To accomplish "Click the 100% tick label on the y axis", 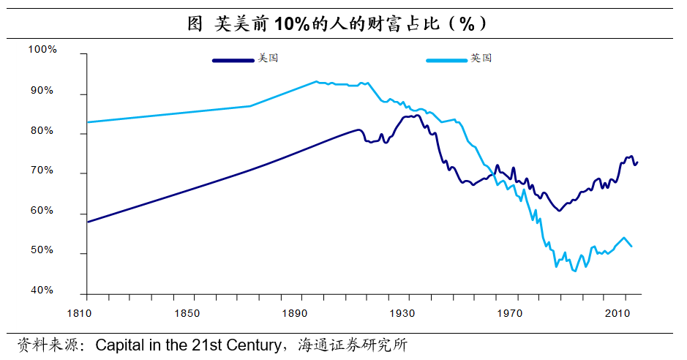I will point(42,50).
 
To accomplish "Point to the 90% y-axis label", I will point(42,90).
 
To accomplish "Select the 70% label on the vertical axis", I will point(42,170).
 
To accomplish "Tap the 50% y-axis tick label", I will point(42,250).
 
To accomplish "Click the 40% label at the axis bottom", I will point(42,290).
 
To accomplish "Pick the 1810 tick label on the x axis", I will point(86,312).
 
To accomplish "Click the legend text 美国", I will point(268,58).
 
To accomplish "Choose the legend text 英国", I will point(481,58).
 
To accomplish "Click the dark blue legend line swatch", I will point(233,60).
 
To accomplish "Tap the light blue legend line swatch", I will point(446,60).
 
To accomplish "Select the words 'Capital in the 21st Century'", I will point(188,344).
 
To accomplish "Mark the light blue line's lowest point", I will point(574,271).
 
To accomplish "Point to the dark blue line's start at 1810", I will point(87,222).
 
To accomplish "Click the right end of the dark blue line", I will point(637,162).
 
